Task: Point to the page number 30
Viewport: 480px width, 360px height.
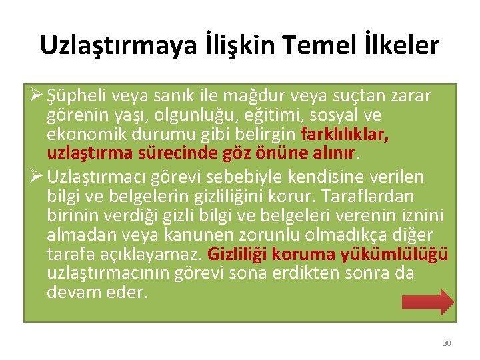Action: coord(447,343)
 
